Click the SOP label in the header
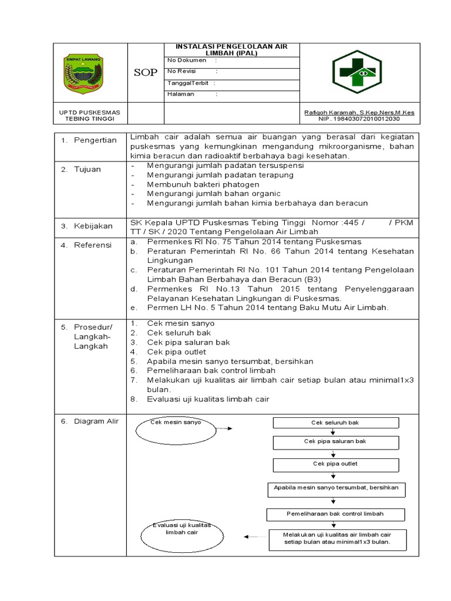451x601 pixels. (x=146, y=73)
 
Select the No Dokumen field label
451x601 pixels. (x=187, y=60)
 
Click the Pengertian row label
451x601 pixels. (x=95, y=140)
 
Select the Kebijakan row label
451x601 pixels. (x=95, y=226)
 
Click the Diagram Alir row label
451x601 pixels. (x=96, y=421)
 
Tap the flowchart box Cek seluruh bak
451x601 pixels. (x=335, y=423)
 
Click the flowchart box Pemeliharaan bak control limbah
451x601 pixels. (x=335, y=514)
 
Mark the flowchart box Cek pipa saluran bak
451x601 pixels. (x=335, y=442)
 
